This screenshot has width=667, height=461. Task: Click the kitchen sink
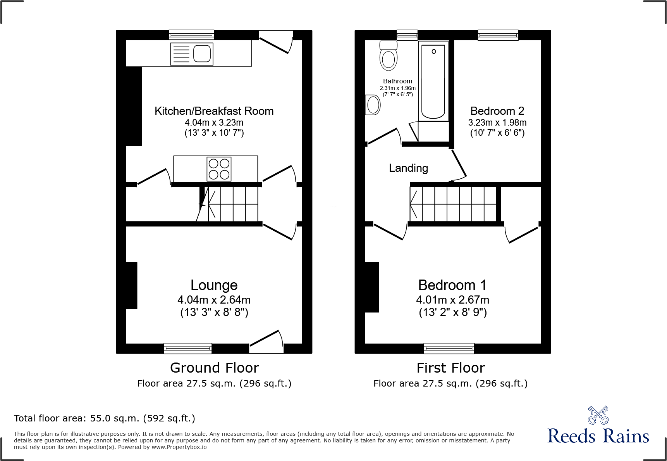coord(192,54)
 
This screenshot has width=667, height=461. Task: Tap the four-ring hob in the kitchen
coord(219,169)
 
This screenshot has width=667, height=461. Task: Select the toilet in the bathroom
coord(389,56)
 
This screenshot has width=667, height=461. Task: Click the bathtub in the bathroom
coord(433,82)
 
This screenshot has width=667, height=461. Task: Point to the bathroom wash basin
coord(373,105)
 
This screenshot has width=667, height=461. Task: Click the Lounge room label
coord(214,285)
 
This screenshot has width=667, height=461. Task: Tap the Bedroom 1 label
coord(452,285)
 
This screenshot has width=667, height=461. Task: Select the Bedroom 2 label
coord(497,111)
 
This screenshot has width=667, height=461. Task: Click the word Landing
coord(408,168)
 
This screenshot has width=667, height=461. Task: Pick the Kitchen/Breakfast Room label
coord(214,111)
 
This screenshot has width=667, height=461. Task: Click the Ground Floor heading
coord(214,368)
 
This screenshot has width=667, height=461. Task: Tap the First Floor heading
coord(450,368)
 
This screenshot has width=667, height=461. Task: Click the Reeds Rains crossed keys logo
coord(598,415)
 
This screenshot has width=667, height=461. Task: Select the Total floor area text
coord(105,418)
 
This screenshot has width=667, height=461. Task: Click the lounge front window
coord(188,348)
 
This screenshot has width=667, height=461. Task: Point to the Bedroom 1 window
coord(449,348)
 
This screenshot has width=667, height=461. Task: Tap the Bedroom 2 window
coord(498,35)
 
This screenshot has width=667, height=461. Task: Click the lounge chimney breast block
coord(132,285)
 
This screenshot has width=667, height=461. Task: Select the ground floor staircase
coord(229,204)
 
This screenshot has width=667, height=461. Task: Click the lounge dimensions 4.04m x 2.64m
coord(214,300)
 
